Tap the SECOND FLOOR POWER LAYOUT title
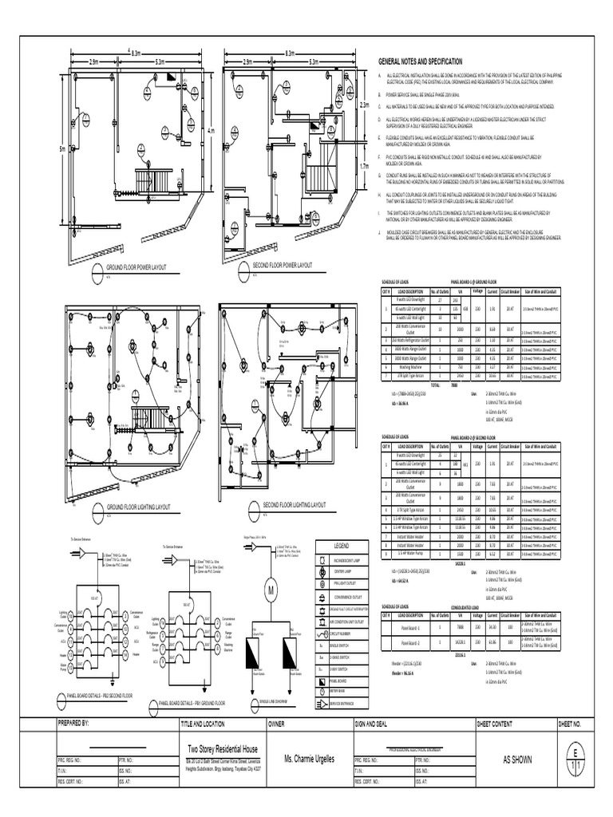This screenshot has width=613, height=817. click(282, 264)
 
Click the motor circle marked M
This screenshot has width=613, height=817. click(270, 591)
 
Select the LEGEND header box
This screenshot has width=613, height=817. click(342, 545)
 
